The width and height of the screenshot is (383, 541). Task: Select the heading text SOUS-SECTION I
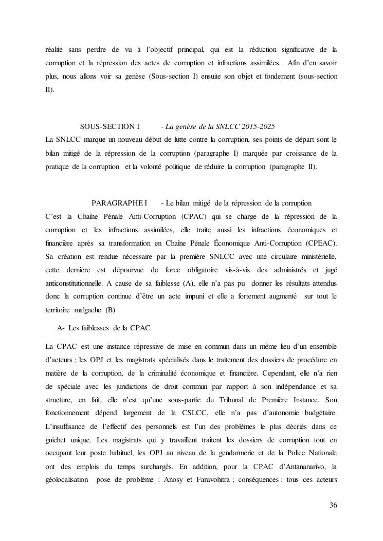(110, 126)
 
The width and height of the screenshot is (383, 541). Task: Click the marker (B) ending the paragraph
(110, 309)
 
